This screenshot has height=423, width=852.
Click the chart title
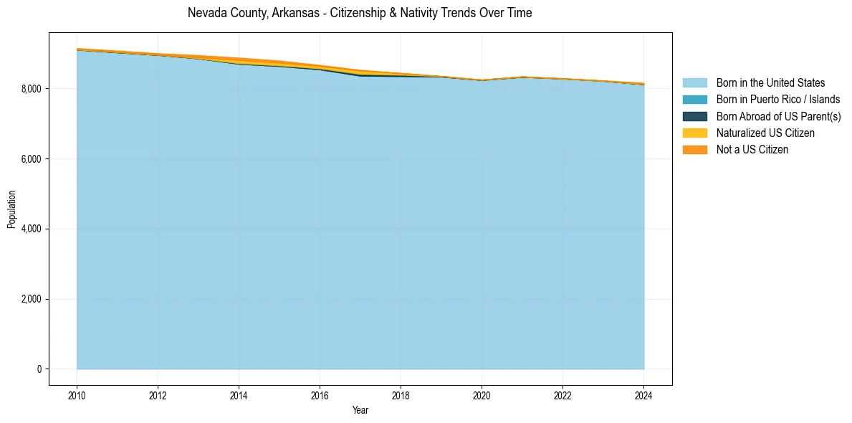tap(360, 13)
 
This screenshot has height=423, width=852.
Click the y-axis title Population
tap(11, 209)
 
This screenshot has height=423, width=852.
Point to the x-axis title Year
tap(360, 410)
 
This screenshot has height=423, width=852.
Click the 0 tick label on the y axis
tap(39, 369)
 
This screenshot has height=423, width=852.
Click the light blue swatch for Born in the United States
tap(694, 83)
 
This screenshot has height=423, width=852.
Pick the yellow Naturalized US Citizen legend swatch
tap(694, 133)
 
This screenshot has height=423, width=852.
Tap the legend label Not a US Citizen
tap(752, 149)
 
